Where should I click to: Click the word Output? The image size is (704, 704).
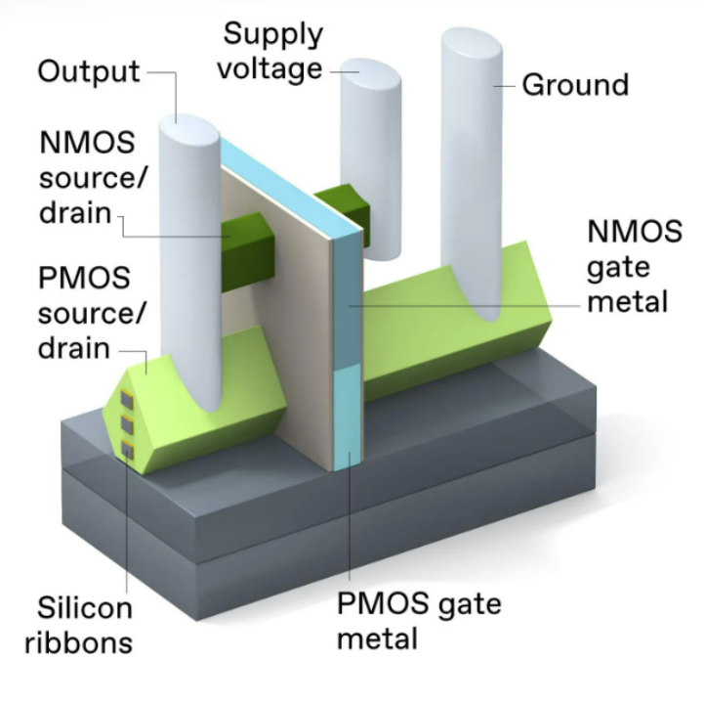point(89,72)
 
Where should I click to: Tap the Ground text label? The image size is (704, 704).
point(575,85)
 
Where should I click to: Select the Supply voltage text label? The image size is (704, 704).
point(272,52)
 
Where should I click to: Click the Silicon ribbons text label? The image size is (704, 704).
point(84,626)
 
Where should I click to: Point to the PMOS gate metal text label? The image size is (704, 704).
point(419,621)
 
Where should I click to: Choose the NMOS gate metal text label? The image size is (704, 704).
point(634,266)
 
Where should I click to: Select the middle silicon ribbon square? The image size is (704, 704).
point(127,424)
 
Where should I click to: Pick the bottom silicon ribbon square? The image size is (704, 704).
point(128,449)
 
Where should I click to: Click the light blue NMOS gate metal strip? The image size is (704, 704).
point(346,293)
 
